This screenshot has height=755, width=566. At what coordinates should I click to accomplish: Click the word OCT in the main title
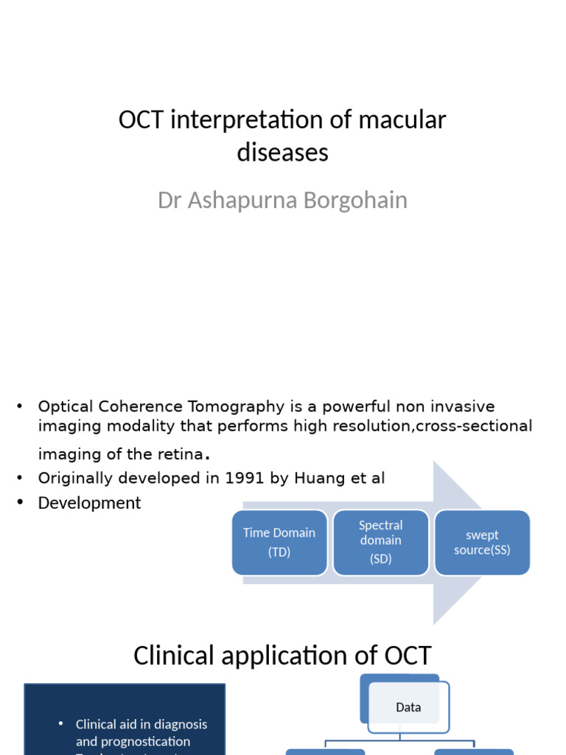[141, 119]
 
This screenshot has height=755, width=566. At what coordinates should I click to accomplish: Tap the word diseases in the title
[282, 153]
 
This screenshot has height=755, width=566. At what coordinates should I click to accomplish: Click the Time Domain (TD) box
[279, 543]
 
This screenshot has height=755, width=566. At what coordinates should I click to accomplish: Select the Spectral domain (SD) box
[380, 543]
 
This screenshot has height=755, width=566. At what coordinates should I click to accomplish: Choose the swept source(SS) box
[482, 543]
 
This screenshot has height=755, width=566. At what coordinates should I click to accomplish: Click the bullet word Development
[89, 503]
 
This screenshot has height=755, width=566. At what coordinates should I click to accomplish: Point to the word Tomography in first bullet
[217, 406]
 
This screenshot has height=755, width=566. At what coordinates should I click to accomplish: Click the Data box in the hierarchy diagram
[408, 707]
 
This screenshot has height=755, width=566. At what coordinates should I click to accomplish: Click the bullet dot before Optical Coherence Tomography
[21, 406]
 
